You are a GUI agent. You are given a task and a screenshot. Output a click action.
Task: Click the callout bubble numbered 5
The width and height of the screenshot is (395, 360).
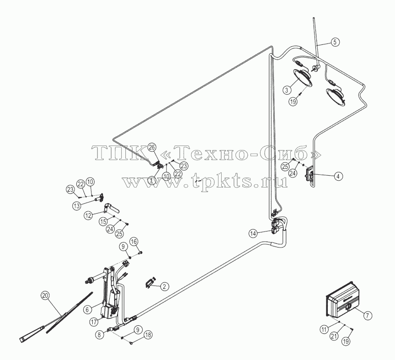[x=335, y=42]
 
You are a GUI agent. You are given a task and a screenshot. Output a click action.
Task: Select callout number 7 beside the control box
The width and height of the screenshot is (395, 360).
[x=367, y=315]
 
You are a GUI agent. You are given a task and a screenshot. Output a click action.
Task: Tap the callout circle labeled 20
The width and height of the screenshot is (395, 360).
[x=45, y=295]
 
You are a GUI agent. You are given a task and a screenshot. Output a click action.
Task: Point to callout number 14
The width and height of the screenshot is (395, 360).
[x=253, y=233]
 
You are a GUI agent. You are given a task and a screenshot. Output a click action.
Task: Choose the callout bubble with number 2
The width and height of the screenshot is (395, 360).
[x=164, y=286]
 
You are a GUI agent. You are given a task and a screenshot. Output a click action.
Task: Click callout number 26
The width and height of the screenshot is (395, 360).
[x=152, y=147]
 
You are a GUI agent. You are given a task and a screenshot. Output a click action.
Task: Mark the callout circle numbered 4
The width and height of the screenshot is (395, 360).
[x=338, y=176]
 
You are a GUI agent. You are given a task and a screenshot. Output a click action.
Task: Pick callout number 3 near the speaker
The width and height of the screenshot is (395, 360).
[x=287, y=90]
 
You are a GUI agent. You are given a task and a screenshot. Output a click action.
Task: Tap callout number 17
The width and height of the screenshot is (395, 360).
[x=94, y=322]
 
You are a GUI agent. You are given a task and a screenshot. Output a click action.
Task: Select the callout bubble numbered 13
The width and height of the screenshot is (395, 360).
[x=77, y=205]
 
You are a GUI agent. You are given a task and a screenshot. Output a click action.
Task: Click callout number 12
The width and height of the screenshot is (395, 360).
[x=88, y=215]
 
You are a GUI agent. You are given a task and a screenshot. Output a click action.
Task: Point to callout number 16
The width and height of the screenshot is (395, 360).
[x=134, y=242]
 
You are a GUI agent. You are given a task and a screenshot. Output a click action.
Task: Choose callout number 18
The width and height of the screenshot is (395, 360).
[x=148, y=335]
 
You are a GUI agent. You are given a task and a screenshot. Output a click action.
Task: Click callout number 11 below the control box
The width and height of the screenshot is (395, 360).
[x=324, y=329]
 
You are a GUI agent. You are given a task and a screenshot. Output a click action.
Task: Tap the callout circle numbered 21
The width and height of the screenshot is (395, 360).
[x=334, y=336]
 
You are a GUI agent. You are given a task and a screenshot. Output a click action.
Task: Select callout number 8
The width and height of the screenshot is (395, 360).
[x=100, y=334]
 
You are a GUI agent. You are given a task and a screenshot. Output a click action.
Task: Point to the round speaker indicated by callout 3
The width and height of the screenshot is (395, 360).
[x=302, y=77]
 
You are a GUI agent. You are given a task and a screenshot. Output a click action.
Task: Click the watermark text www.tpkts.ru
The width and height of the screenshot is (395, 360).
[x=204, y=182]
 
